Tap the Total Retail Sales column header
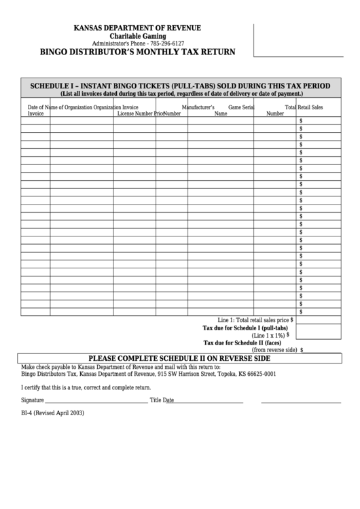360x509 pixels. (x=312, y=107)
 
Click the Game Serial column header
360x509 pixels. (x=241, y=107)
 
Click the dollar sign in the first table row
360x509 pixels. (x=301, y=120)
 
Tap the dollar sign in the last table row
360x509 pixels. (x=301, y=312)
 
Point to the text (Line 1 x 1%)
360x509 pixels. (x=268, y=335)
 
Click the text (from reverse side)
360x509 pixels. (x=274, y=350)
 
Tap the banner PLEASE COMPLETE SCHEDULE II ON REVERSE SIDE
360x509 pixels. (x=180, y=358)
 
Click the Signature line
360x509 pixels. (x=95, y=402)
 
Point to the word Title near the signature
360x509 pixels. (x=156, y=400)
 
